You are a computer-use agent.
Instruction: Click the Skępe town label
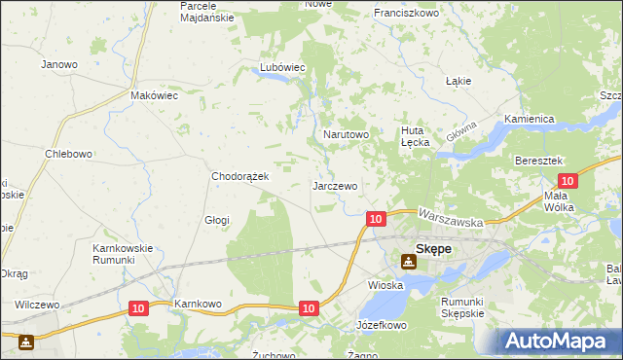433,249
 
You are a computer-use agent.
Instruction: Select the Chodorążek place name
247,177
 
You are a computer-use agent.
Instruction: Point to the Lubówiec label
282,67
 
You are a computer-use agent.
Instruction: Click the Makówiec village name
154,96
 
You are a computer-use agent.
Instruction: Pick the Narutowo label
346,134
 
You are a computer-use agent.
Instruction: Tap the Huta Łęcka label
416,135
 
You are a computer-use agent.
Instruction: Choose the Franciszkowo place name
406,14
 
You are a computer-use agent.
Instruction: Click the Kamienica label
529,119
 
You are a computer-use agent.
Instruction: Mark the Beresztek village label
540,160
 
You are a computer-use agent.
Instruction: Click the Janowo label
58,64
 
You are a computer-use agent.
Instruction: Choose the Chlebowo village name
68,154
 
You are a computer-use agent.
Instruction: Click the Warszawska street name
451,216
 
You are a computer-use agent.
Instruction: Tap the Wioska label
385,286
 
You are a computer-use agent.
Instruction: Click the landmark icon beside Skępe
406,260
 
